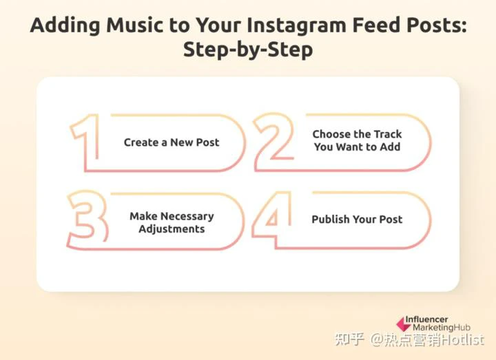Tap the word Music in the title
click(x=135, y=25)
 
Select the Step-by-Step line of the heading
click(x=248, y=50)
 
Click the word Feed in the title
click(x=376, y=25)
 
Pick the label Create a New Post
click(x=172, y=142)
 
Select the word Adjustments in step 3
click(x=172, y=229)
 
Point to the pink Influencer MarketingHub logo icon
click(x=403, y=324)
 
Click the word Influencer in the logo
click(x=426, y=319)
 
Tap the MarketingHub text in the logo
click(x=442, y=328)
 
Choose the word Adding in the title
click(x=65, y=26)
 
